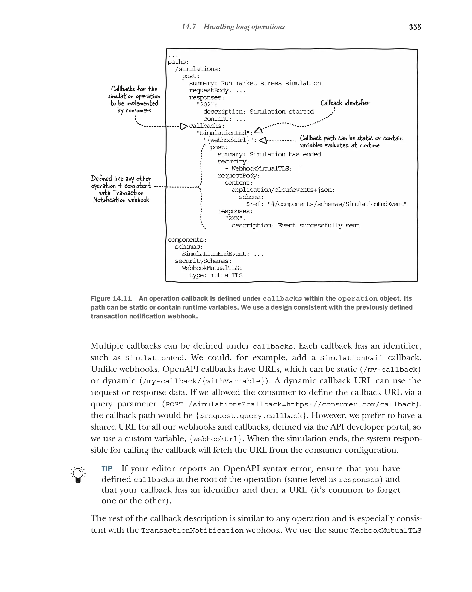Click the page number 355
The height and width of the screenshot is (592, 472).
pos(415,27)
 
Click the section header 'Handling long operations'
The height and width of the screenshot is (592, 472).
pos(244,27)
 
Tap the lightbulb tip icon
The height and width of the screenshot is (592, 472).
pos(78,474)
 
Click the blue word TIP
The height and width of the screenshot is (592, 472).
pos(107,469)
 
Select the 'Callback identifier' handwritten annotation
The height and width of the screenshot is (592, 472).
pos(345,103)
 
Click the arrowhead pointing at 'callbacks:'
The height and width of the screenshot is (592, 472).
pos(184,126)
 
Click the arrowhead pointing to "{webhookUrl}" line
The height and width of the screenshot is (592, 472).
pos(263,140)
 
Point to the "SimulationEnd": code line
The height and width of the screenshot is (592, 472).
pos(225,133)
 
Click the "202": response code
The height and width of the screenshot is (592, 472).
pos(207,105)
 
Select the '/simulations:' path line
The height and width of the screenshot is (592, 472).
pos(198,69)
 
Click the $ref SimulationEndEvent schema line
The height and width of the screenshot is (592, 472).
pos(326,204)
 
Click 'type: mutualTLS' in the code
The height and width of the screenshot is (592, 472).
pos(215,275)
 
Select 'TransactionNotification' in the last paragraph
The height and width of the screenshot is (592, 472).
pos(192,530)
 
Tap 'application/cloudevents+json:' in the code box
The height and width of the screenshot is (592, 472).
pos(283,190)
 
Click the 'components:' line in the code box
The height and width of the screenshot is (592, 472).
pos(187,239)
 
